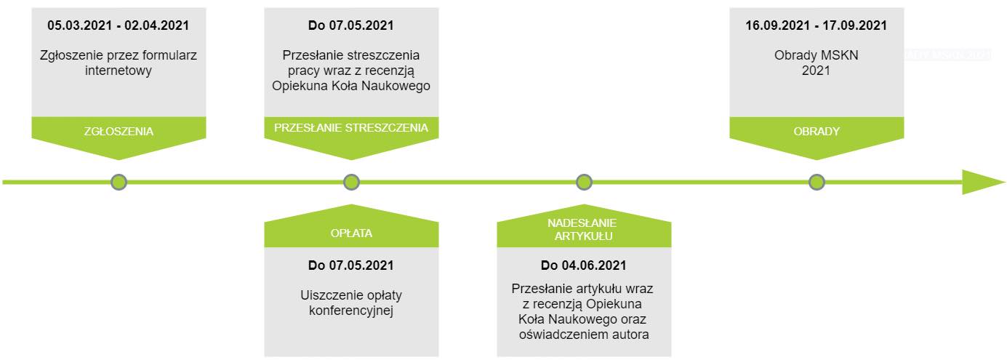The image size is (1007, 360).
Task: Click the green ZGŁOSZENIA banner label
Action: click(x=119, y=131)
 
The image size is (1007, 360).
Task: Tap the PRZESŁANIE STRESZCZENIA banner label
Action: click(x=351, y=128)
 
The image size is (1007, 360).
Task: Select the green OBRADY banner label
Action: click(x=817, y=131)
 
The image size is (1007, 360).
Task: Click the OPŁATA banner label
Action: click(x=351, y=233)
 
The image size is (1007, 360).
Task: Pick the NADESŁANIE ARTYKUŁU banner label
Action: click(x=584, y=229)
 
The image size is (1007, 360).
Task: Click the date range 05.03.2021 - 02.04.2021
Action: click(x=119, y=25)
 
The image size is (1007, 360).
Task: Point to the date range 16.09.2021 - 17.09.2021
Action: click(x=816, y=25)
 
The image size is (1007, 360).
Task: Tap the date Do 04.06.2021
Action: click(x=584, y=265)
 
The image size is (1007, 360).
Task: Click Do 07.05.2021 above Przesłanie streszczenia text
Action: click(x=351, y=25)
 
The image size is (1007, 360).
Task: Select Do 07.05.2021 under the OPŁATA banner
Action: click(x=351, y=265)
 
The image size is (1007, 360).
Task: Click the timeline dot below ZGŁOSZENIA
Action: click(x=119, y=183)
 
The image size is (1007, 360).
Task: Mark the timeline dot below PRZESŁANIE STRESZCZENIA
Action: click(x=351, y=183)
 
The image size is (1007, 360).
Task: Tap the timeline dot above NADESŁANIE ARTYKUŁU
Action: click(x=584, y=183)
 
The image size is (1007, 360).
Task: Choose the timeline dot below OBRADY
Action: click(x=817, y=183)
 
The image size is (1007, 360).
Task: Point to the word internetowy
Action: click(x=119, y=71)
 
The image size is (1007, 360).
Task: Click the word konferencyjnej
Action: click(x=351, y=311)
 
